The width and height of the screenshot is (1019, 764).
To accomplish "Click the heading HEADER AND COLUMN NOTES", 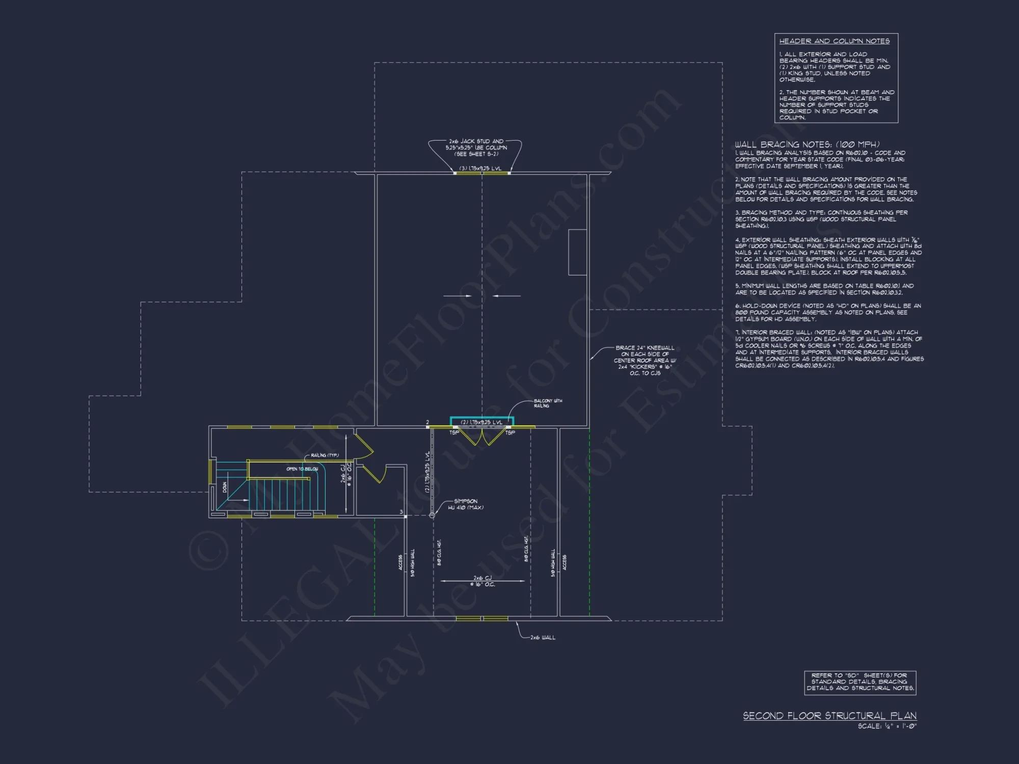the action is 834,41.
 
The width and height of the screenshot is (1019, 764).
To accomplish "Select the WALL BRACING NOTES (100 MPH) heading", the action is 807,145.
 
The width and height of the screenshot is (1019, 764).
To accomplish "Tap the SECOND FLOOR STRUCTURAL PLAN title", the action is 829,716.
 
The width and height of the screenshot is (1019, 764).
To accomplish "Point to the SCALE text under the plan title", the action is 887,726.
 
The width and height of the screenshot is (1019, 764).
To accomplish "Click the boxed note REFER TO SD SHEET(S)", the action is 860,682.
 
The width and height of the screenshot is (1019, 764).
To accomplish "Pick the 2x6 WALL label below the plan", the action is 543,638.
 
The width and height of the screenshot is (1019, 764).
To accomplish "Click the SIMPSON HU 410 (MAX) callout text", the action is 465,504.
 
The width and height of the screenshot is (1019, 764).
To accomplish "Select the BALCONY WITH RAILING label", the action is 548,403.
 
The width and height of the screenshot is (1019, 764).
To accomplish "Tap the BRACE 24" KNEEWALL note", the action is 645,361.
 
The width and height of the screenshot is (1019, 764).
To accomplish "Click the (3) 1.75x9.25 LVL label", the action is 480,169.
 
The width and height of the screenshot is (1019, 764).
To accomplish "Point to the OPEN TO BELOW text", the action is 302,469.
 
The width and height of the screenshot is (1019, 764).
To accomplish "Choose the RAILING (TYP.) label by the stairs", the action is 325,455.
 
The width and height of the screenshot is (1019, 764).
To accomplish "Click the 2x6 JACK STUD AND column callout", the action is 476,148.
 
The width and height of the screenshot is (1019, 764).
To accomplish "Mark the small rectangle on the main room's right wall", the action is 577,252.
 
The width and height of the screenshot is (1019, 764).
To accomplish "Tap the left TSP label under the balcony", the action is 454,433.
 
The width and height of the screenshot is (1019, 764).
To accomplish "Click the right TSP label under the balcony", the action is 510,433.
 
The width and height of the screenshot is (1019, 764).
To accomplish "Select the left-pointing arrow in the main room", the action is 507,295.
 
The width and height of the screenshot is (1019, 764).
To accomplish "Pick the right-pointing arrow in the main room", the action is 458,295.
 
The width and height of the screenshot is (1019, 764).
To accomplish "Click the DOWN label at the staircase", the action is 225,487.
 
